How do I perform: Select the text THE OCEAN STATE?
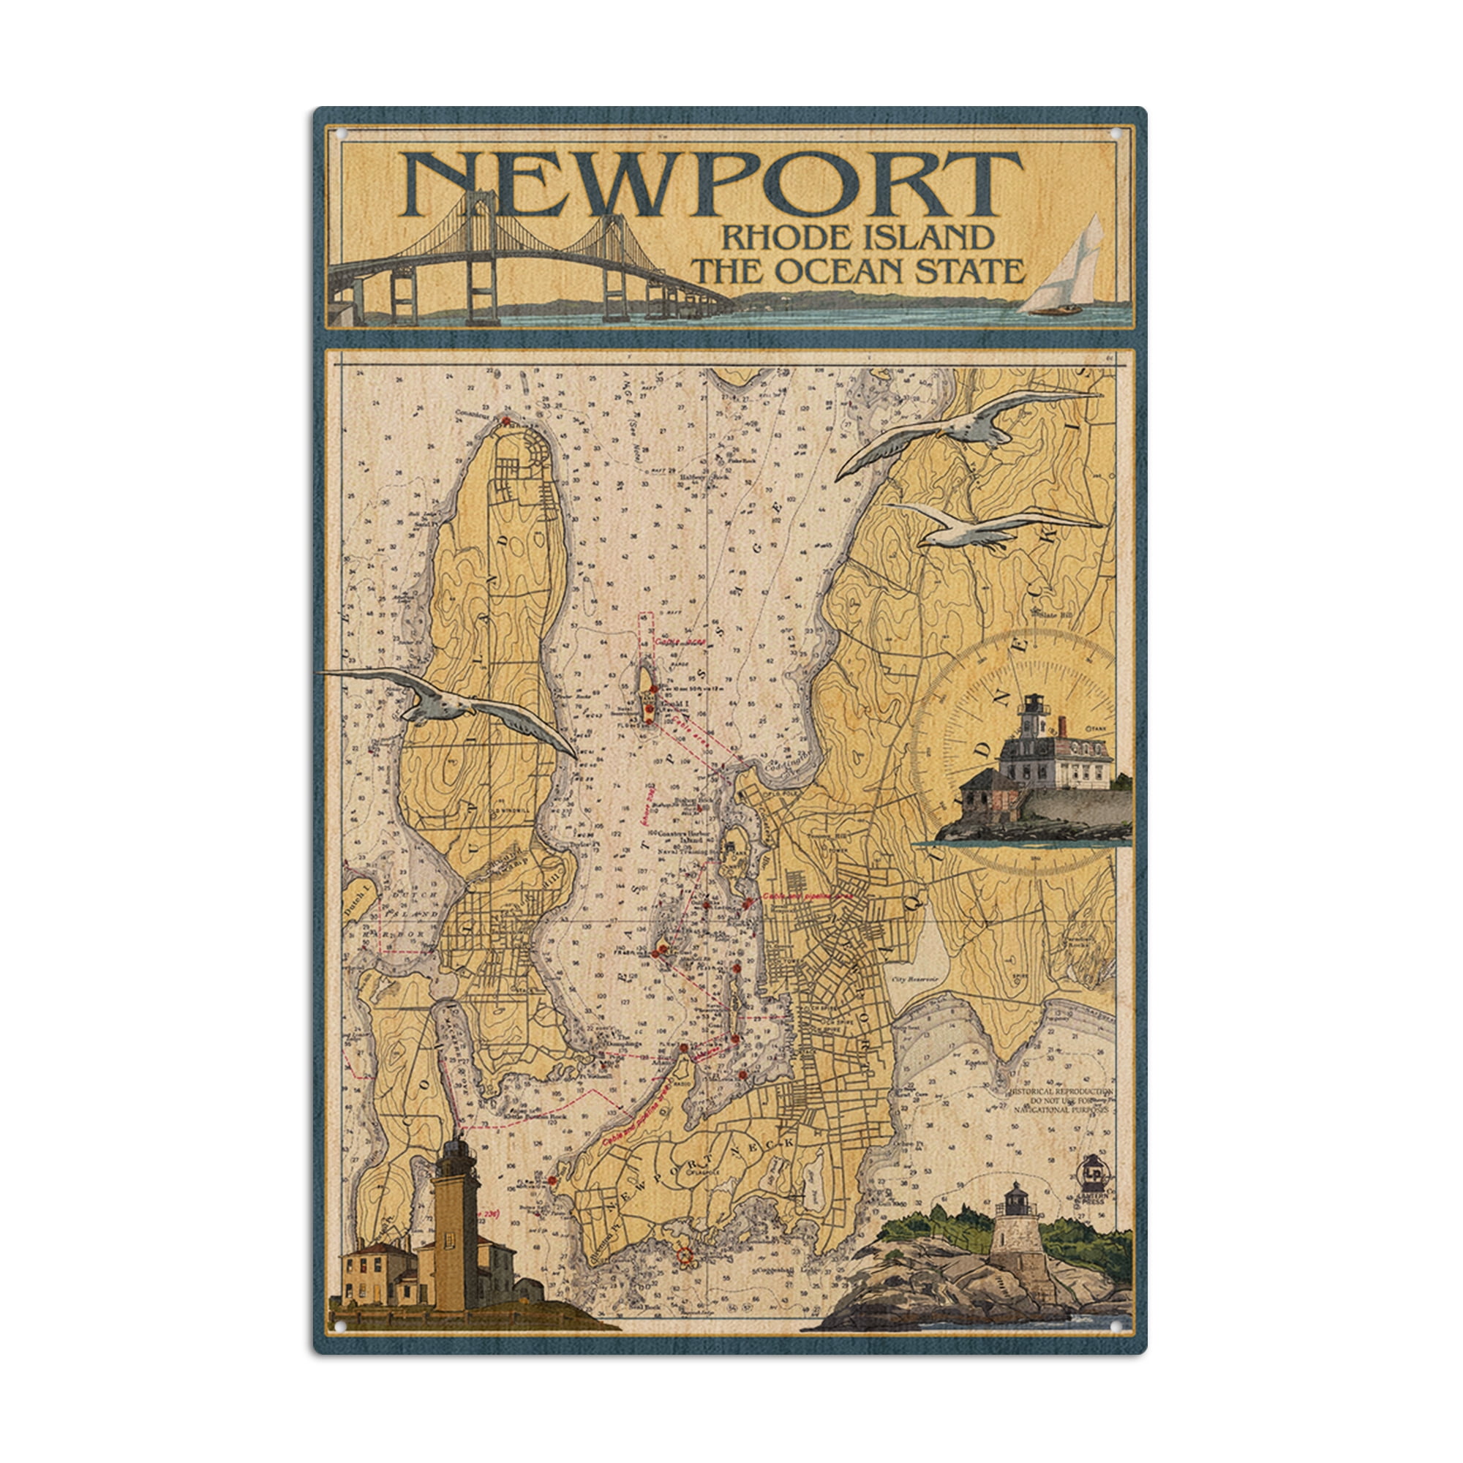(859, 271)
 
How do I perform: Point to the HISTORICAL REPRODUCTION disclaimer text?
(1061, 1100)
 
